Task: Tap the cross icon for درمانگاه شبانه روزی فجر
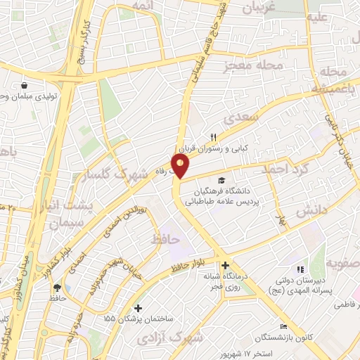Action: pyautogui.click(x=225, y=266)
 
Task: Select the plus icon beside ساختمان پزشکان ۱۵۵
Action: pyautogui.click(x=139, y=308)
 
